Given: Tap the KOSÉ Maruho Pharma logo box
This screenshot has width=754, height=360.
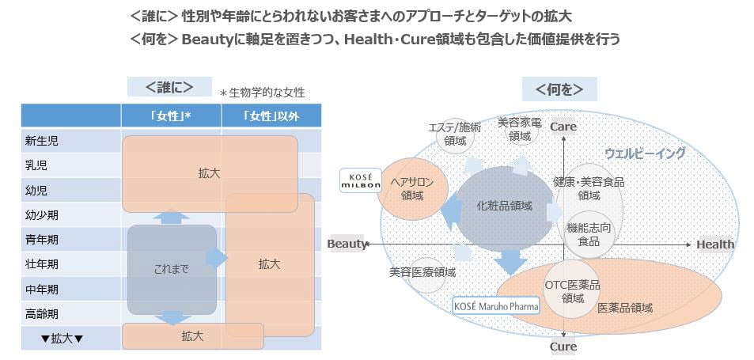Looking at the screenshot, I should tap(496, 305).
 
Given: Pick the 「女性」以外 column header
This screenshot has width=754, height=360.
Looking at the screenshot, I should tap(271, 116).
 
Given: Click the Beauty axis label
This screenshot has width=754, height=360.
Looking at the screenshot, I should tap(347, 244).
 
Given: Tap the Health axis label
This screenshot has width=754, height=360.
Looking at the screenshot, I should tap(714, 244).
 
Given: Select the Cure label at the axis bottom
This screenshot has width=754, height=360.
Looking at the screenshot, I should tap(563, 347).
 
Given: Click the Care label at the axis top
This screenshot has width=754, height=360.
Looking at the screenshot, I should tap(563, 127).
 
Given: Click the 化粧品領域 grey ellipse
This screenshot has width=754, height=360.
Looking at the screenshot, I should tap(504, 205).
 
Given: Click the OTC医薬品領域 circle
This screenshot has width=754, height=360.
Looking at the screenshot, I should tap(572, 291).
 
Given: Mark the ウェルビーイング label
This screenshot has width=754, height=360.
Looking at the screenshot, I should tap(645, 153).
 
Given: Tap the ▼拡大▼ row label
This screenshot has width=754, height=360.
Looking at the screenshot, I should tap(62, 339).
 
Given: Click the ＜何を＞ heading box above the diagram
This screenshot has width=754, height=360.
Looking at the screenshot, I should tap(559, 89).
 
